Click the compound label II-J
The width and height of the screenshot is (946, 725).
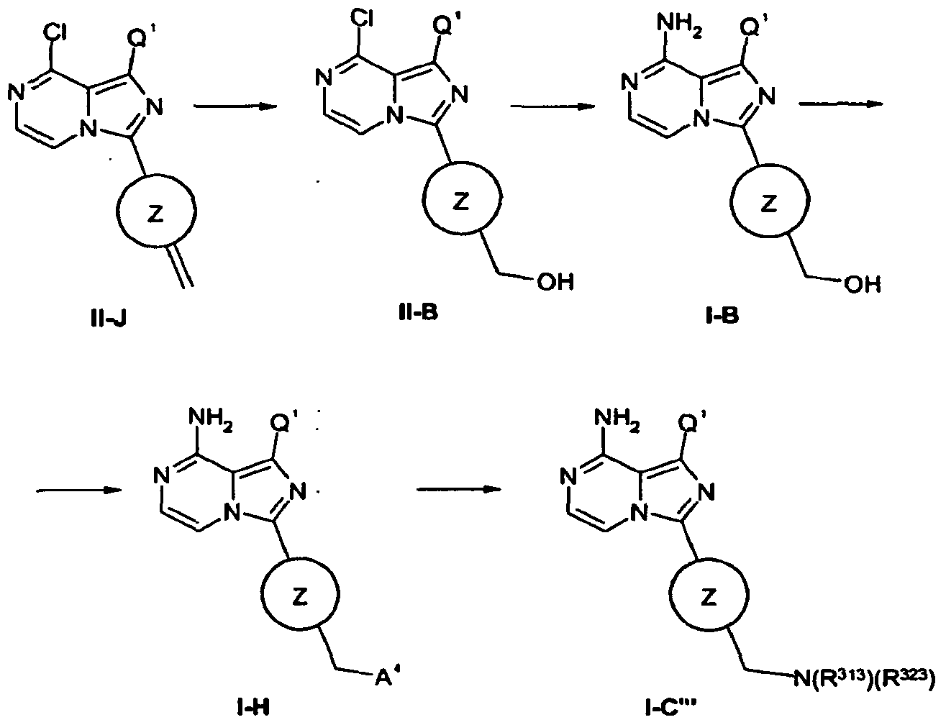[x=109, y=319]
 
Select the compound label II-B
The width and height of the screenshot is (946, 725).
[x=418, y=312]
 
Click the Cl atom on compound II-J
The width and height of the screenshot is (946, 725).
[x=55, y=32]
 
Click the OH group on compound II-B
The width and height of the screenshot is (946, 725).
[x=555, y=282]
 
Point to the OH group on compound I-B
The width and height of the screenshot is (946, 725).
[x=863, y=285]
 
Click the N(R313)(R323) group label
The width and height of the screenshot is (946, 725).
[x=864, y=678]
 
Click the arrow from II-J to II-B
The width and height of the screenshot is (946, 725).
[x=235, y=106]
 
